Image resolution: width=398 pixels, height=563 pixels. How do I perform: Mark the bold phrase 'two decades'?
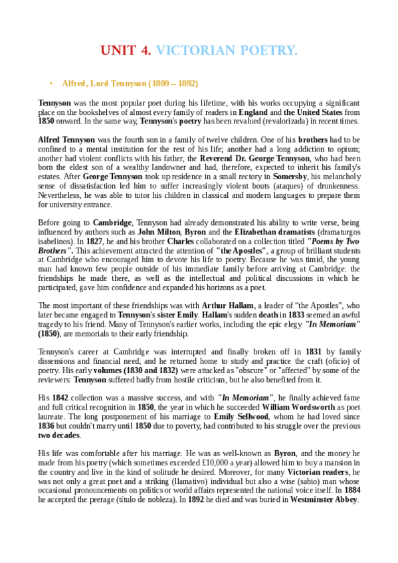(x=59, y=434)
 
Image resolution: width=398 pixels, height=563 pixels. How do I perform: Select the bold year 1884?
(x=350, y=490)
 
